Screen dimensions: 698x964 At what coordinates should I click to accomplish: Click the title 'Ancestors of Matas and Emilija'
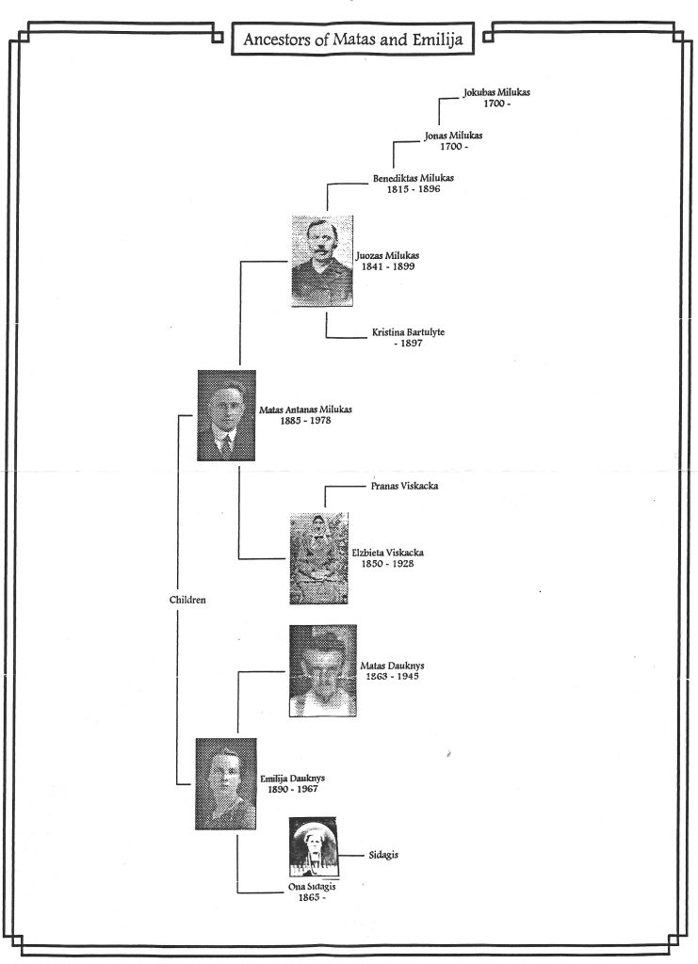point(352,40)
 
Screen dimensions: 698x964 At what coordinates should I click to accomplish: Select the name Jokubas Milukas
point(496,92)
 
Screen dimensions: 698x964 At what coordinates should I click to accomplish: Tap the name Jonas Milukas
point(453,136)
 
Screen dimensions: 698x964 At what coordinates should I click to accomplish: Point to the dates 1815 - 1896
point(414,189)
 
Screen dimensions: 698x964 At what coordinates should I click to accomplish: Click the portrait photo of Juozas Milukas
point(322,261)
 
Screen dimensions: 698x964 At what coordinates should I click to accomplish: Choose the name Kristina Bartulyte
point(409,332)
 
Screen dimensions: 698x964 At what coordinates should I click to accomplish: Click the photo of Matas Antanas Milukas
point(226,415)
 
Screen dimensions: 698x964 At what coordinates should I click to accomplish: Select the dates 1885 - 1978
point(305,421)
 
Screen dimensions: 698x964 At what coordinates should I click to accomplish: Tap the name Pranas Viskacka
point(405,486)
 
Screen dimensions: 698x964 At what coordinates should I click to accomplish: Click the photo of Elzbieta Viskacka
point(318,558)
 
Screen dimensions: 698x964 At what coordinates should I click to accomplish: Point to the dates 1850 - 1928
point(387,563)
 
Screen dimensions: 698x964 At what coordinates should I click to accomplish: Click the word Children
point(187,600)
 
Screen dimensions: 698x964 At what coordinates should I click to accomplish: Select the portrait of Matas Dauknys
point(323,670)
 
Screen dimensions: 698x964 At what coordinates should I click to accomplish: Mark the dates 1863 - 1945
point(393,676)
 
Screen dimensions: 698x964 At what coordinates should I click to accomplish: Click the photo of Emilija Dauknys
point(226,784)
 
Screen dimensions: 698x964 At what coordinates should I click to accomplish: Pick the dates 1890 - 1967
point(293,789)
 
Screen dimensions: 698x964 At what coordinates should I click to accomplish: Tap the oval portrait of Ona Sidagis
point(314,847)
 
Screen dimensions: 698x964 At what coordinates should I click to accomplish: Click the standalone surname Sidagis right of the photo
point(383,855)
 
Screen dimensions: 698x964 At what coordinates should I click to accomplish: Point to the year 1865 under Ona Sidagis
point(309,897)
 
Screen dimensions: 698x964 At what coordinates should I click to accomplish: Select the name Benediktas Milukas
point(414,178)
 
